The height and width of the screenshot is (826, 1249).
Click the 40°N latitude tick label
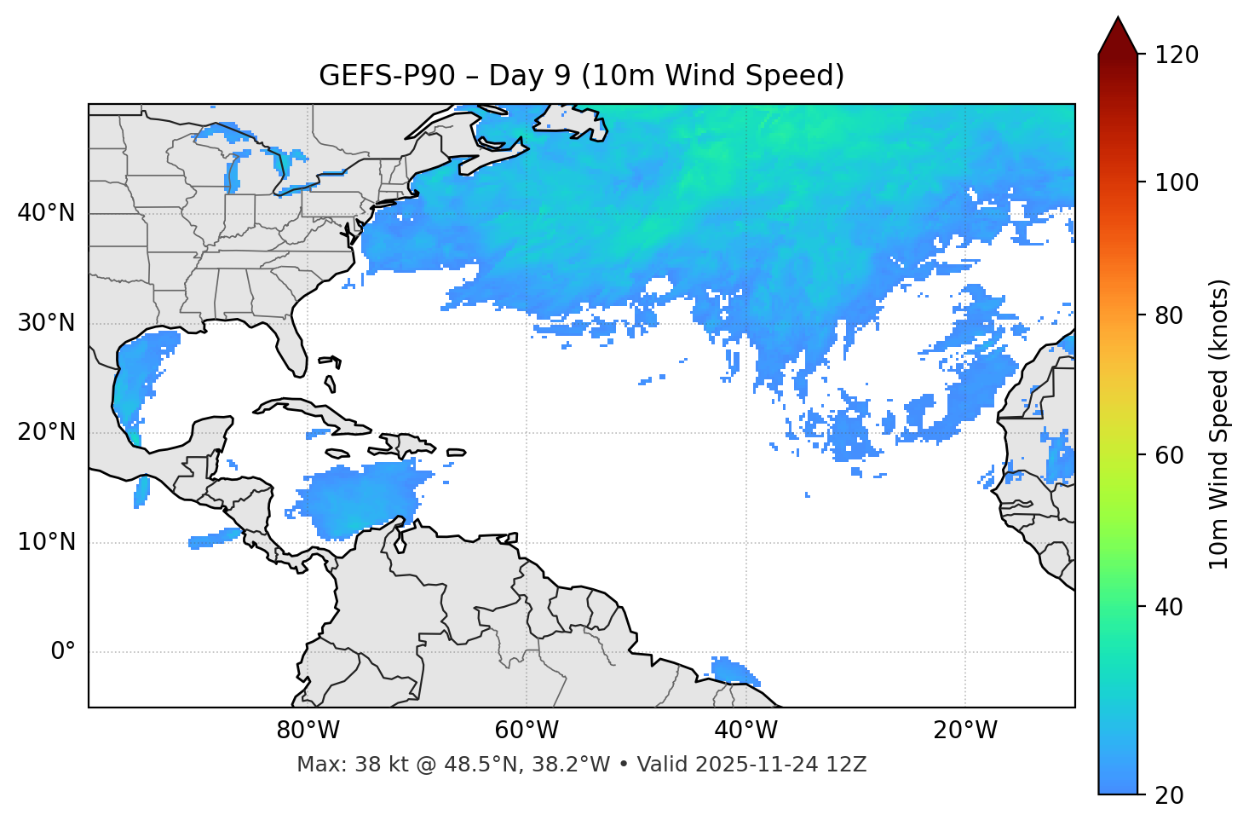[x=46, y=213]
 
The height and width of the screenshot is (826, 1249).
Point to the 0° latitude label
[x=63, y=652]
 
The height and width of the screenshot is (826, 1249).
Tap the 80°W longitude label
[x=308, y=731]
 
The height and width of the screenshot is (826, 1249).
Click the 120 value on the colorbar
[x=1177, y=55]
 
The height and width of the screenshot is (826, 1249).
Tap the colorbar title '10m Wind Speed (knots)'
[x=1219, y=425]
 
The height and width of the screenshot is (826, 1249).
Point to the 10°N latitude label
[x=46, y=542]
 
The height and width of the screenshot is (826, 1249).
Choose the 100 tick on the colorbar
[x=1177, y=182]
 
